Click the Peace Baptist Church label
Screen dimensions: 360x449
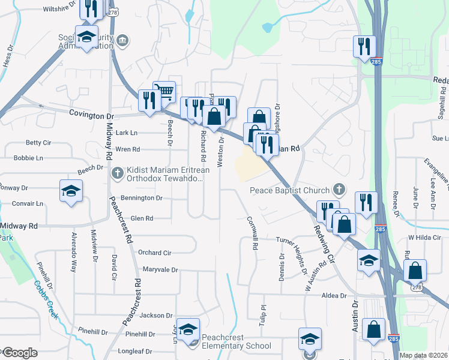pos(290,191)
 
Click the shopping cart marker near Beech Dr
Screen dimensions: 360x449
pos(164,92)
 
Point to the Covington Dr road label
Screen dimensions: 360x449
pos(91,114)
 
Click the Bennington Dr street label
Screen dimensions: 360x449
pos(142,197)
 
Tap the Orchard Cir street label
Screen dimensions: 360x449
pos(154,253)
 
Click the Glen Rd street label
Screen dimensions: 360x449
pos(142,218)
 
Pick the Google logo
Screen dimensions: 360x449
pos(19,353)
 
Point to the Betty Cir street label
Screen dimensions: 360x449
pos(38,143)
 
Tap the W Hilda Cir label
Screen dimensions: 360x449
pos(424,238)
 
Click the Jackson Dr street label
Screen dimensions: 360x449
pos(156,315)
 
